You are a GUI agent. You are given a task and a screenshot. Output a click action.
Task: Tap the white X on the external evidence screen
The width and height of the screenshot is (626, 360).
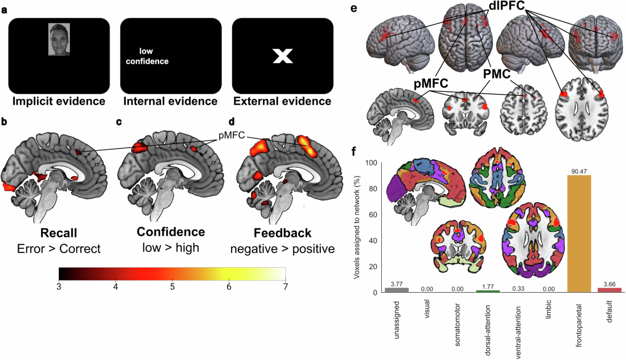[282, 56]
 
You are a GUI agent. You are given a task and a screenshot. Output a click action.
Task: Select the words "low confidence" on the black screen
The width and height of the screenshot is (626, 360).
[150, 56]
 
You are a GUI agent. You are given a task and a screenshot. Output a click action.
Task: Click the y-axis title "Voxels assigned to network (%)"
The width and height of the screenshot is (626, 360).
[358, 227]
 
